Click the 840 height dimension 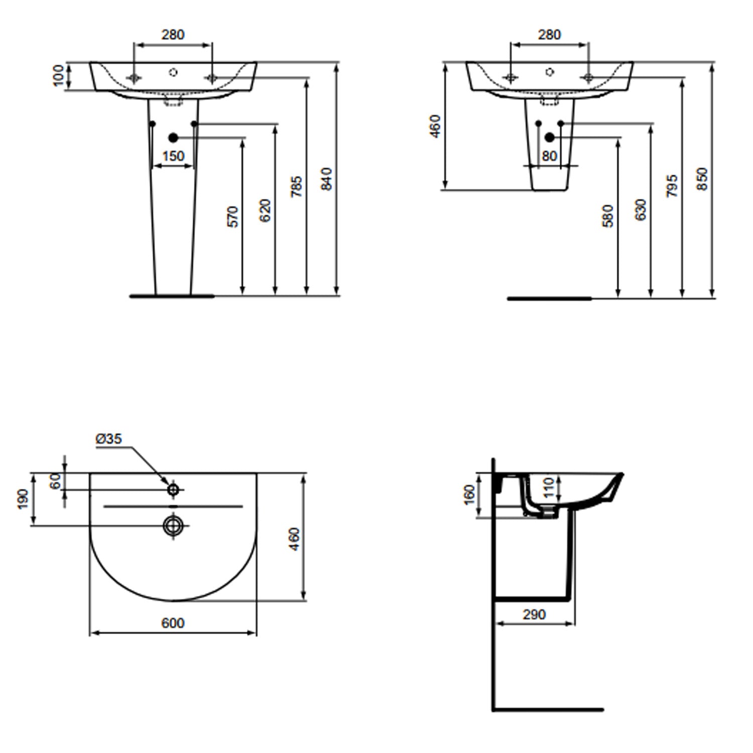tap(326, 179)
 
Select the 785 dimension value tap(297, 186)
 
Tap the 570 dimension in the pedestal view tap(233, 216)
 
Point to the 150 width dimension tap(173, 156)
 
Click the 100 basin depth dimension tap(59, 76)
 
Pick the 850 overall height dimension tap(702, 179)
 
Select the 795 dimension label tap(673, 186)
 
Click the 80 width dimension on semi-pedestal tap(549, 156)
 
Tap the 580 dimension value tap(608, 216)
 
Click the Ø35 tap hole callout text tap(108, 439)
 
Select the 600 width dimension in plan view tap(173, 623)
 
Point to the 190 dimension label tap(24, 499)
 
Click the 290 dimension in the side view tap(534, 614)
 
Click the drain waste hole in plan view tap(173, 525)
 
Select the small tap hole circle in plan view tap(173, 489)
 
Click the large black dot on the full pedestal tap(173, 138)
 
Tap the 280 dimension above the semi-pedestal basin tap(549, 35)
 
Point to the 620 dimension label tap(266, 210)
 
